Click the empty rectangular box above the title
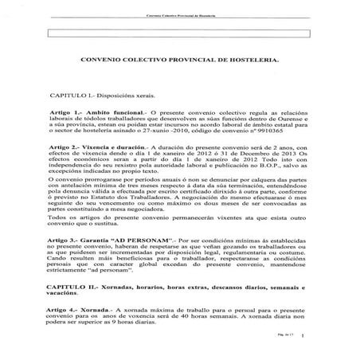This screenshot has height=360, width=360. (180, 34)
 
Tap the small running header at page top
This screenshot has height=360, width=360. (180, 15)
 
